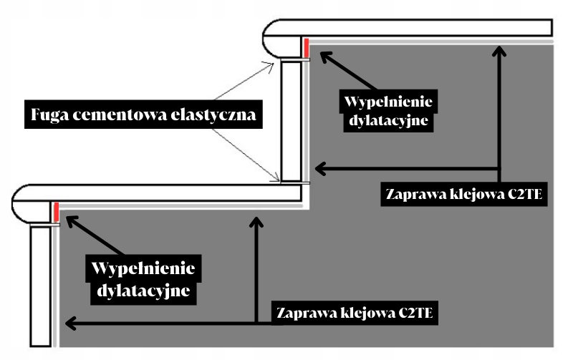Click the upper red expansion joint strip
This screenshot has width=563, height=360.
(x=304, y=49)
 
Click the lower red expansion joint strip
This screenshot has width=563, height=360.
(x=55, y=212)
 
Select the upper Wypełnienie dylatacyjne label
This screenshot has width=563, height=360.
(x=388, y=110)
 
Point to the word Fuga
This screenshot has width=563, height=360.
(x=51, y=115)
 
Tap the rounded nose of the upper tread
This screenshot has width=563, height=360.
(x=276, y=38)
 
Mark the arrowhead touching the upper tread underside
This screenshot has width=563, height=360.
(x=499, y=49)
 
